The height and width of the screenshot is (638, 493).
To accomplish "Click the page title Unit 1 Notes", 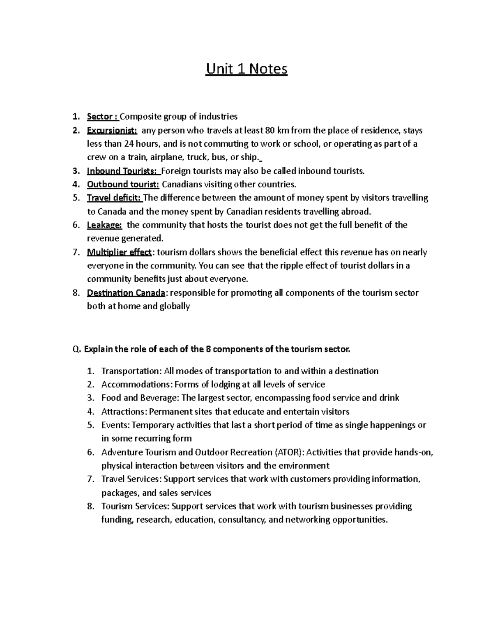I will [246, 69].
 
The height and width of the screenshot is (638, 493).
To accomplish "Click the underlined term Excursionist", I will [112, 131].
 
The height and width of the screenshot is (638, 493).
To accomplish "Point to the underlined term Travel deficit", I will [114, 198].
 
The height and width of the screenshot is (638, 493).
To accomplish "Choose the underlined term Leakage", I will [104, 225].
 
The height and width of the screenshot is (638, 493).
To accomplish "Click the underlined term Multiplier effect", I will [119, 252].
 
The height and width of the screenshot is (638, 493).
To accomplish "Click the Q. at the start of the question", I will [76, 350].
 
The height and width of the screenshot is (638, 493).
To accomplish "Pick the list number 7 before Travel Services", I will [90, 479].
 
